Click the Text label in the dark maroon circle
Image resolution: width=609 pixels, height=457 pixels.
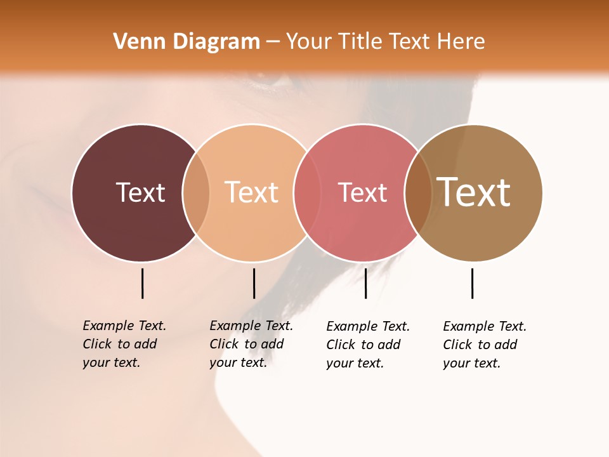[140, 192]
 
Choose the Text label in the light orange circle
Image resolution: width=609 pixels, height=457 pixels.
[251, 192]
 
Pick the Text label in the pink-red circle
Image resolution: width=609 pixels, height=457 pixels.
[362, 192]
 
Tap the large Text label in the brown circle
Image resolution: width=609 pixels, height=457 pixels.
[474, 192]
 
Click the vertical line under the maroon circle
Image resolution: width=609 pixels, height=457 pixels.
[142, 283]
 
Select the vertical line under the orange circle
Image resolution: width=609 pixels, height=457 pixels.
[254, 283]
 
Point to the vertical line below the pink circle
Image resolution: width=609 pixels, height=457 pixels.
[365, 283]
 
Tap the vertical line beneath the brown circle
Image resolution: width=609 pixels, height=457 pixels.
[472, 283]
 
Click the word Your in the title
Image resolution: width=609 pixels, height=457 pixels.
[310, 41]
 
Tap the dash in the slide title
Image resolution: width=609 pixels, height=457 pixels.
[273, 42]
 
